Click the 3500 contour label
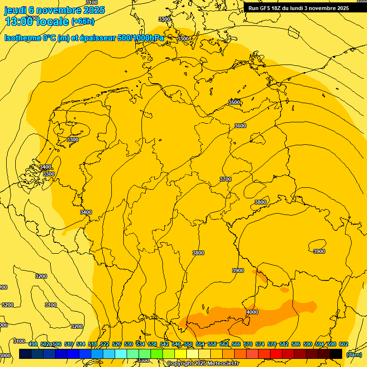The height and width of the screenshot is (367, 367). [234, 102]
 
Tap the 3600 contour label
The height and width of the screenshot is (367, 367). [240, 126]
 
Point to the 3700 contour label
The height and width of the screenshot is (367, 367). [226, 179]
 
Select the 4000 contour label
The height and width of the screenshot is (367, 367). [252, 312]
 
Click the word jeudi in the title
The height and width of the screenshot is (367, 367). [15, 10]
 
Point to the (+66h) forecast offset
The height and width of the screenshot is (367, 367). [83, 22]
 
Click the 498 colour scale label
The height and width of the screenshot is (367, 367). [33, 344]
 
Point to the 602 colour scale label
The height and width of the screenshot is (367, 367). [344, 344]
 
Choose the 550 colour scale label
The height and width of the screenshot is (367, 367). [188, 344]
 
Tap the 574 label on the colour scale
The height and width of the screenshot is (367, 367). [260, 344]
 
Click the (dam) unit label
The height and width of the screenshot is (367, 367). [354, 354]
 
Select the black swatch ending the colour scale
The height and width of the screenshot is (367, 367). [336, 354]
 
